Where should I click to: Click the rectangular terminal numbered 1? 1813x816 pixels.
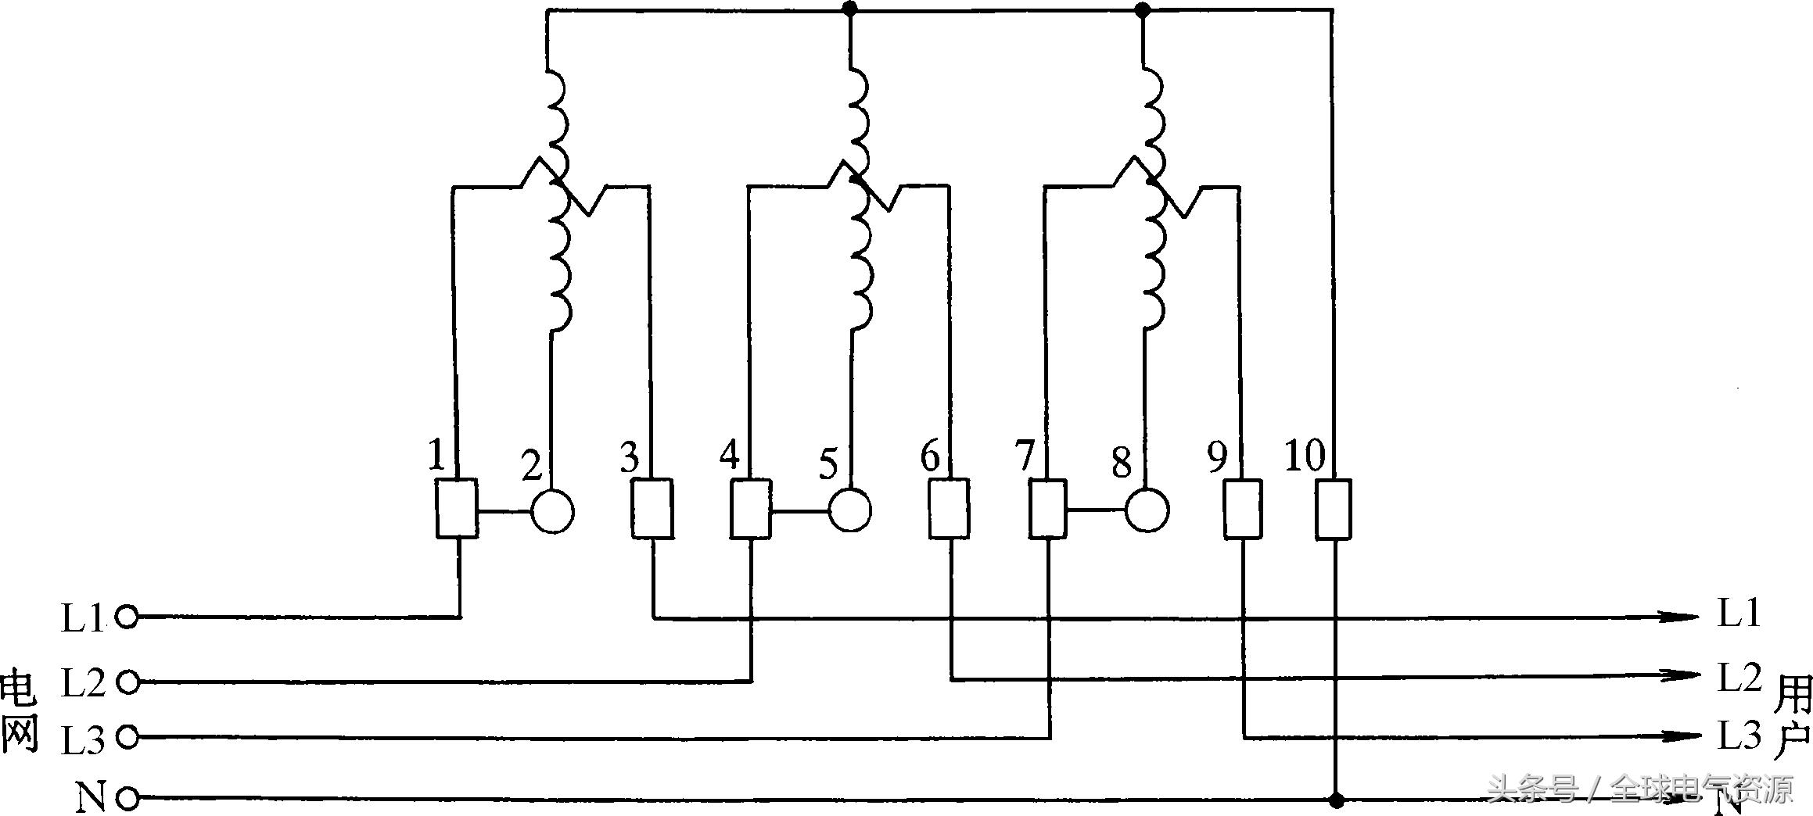pyautogui.click(x=456, y=509)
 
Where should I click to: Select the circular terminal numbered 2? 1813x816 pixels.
pyautogui.click(x=552, y=512)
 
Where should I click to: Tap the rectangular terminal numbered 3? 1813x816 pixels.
pyautogui.click(x=652, y=510)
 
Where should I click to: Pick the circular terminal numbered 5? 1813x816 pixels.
pyautogui.click(x=849, y=511)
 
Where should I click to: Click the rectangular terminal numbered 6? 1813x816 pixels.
pyautogui.click(x=949, y=510)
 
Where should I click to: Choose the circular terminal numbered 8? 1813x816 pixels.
pyautogui.click(x=1147, y=511)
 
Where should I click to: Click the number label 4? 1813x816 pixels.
pyautogui.click(x=729, y=455)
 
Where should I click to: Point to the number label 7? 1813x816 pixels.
pyautogui.click(x=1025, y=455)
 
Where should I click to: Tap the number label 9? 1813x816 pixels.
pyautogui.click(x=1217, y=458)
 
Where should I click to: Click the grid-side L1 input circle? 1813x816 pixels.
pyautogui.click(x=127, y=617)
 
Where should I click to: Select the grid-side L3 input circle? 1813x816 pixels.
pyautogui.click(x=127, y=737)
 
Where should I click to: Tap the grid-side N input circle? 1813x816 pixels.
pyautogui.click(x=127, y=799)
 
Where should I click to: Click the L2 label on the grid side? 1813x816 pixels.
pyautogui.click(x=83, y=683)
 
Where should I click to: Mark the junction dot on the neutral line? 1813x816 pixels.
pyautogui.click(x=1336, y=800)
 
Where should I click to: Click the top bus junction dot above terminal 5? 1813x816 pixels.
pyautogui.click(x=850, y=9)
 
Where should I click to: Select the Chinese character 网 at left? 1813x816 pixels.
pyautogui.click(x=19, y=735)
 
